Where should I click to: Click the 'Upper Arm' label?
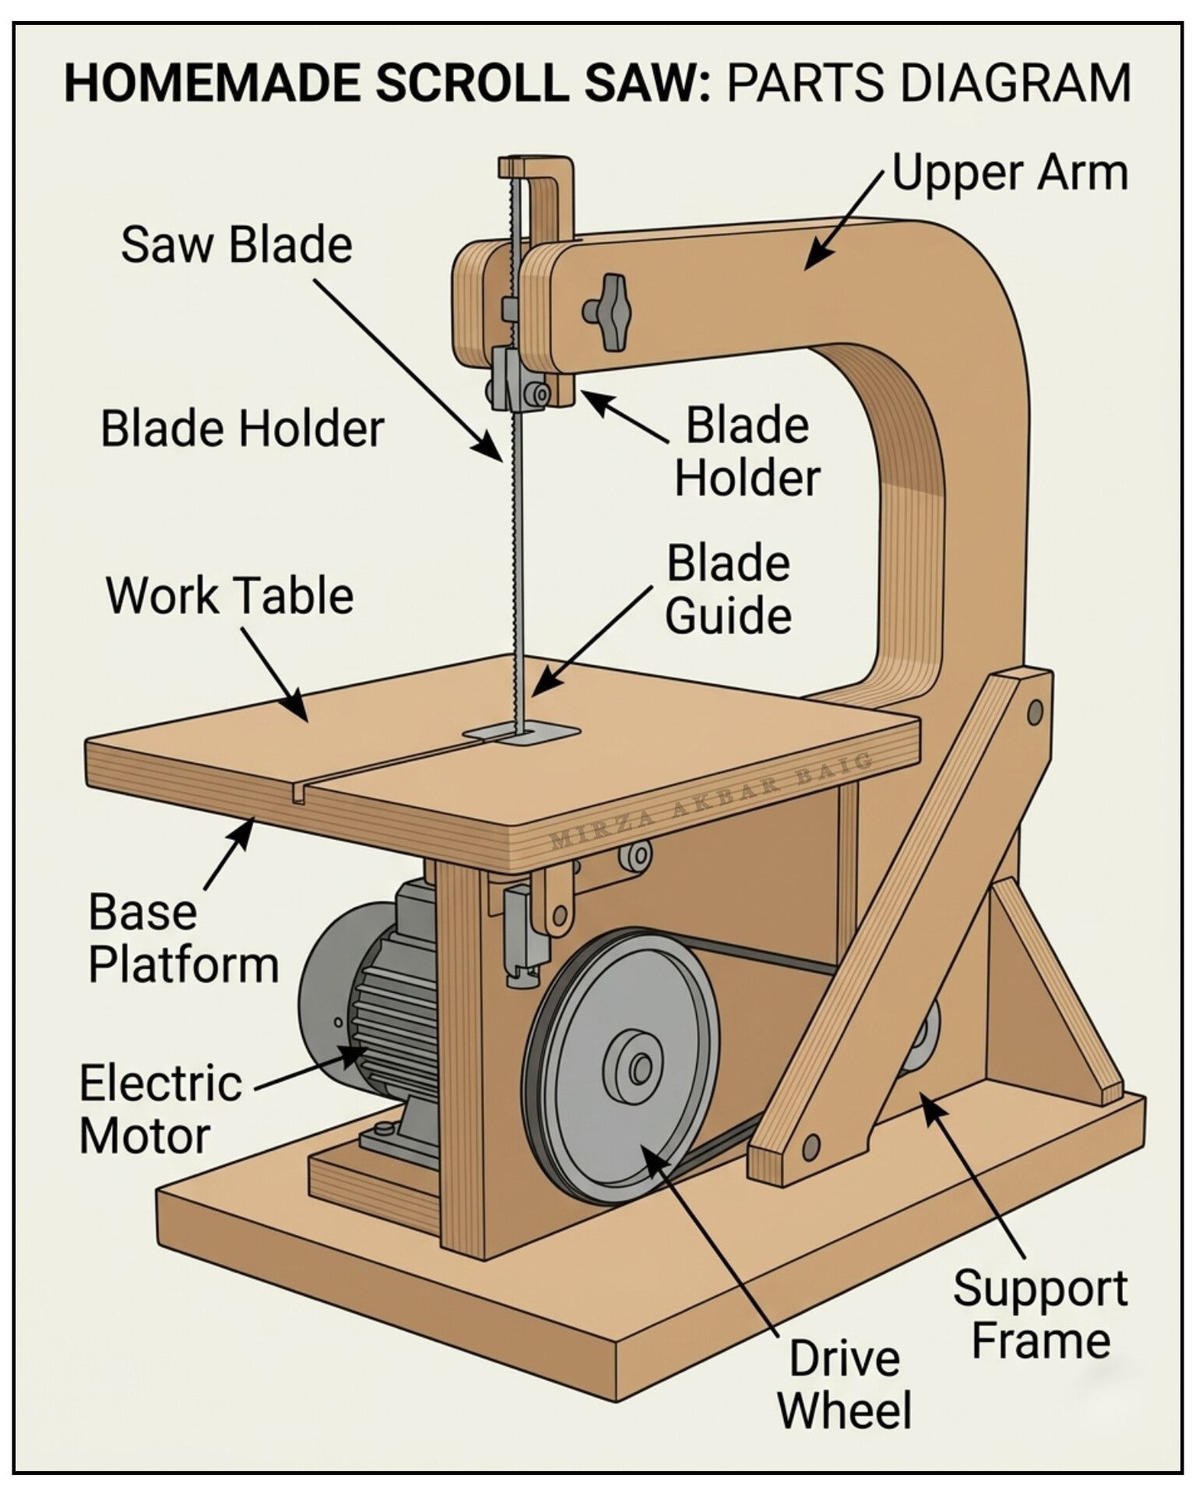(x=1010, y=173)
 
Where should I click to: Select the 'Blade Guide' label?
(x=729, y=590)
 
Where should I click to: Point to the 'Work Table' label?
(x=230, y=596)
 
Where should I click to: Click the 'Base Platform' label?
(x=183, y=939)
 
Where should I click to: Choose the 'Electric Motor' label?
(x=160, y=1110)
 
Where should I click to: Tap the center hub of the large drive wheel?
(x=640, y=1067)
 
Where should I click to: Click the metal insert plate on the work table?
(x=522, y=732)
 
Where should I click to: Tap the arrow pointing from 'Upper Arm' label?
(x=845, y=220)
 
